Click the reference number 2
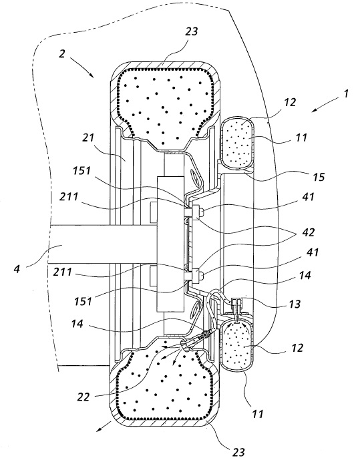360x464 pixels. (61, 54)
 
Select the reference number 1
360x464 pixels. (346, 93)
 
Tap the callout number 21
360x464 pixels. (88, 138)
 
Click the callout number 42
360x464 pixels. (308, 232)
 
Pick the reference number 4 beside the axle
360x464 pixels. (17, 269)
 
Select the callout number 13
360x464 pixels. (295, 304)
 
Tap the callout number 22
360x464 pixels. (83, 397)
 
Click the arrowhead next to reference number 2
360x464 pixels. (92, 75)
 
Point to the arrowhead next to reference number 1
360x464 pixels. (315, 109)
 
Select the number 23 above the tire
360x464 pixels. (191, 31)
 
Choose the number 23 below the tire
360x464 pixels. (238, 452)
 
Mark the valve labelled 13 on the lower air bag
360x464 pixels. (236, 309)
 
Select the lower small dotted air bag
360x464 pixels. (238, 346)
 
